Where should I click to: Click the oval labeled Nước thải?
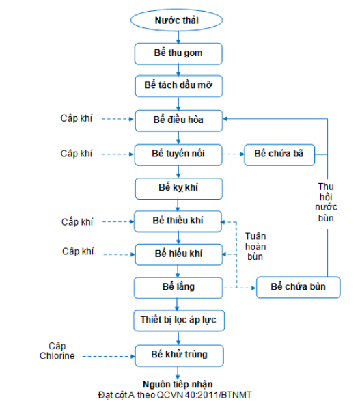(x=176, y=20)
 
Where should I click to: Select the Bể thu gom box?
(x=178, y=53)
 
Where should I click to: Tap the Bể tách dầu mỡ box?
(x=179, y=86)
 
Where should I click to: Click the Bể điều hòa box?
(x=179, y=120)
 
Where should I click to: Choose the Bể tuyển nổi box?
(x=178, y=154)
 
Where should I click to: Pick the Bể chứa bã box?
(x=279, y=154)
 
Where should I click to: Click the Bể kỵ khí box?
(x=179, y=189)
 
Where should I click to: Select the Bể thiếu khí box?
(x=178, y=221)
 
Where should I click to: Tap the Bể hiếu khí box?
(x=179, y=254)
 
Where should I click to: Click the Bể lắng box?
(x=178, y=288)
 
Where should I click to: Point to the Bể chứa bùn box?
(x=299, y=287)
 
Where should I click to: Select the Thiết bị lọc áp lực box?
(x=179, y=320)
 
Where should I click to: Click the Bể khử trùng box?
(x=180, y=355)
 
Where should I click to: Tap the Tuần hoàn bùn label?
(x=255, y=246)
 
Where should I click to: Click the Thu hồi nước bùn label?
(x=326, y=202)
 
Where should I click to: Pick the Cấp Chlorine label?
(x=57, y=351)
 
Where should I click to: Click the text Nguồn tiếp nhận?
(x=178, y=384)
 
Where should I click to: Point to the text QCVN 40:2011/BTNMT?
(x=204, y=395)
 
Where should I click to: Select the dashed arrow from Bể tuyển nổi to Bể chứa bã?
(x=233, y=154)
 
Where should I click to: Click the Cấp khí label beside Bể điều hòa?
(x=77, y=118)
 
